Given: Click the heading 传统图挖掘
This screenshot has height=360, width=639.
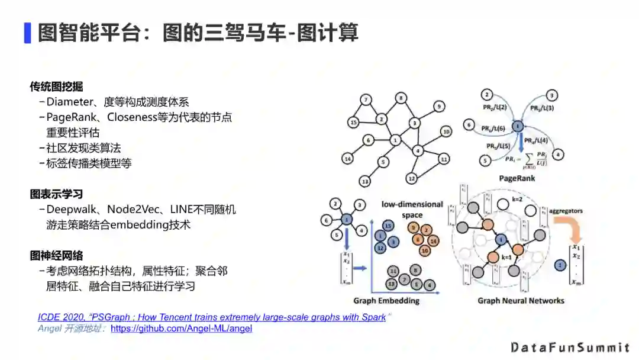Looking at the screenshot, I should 56,86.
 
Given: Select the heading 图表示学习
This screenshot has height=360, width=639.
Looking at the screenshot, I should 56,194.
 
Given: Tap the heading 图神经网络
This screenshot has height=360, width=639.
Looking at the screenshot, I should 56,256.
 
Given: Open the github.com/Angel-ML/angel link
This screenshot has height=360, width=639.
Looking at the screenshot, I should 181,328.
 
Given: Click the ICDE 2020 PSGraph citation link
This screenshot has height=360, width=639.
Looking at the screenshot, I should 212,317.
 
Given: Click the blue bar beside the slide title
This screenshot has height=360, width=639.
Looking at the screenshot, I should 27,33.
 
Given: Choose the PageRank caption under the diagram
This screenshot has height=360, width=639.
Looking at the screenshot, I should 517,178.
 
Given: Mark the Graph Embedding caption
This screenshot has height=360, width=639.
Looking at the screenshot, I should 386,301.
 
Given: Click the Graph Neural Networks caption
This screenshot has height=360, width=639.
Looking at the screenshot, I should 521,301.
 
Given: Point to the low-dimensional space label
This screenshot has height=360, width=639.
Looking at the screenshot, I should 412,209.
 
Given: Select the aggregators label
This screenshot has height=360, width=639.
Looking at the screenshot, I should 566,210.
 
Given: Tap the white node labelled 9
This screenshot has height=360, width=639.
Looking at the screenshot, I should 438,106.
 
